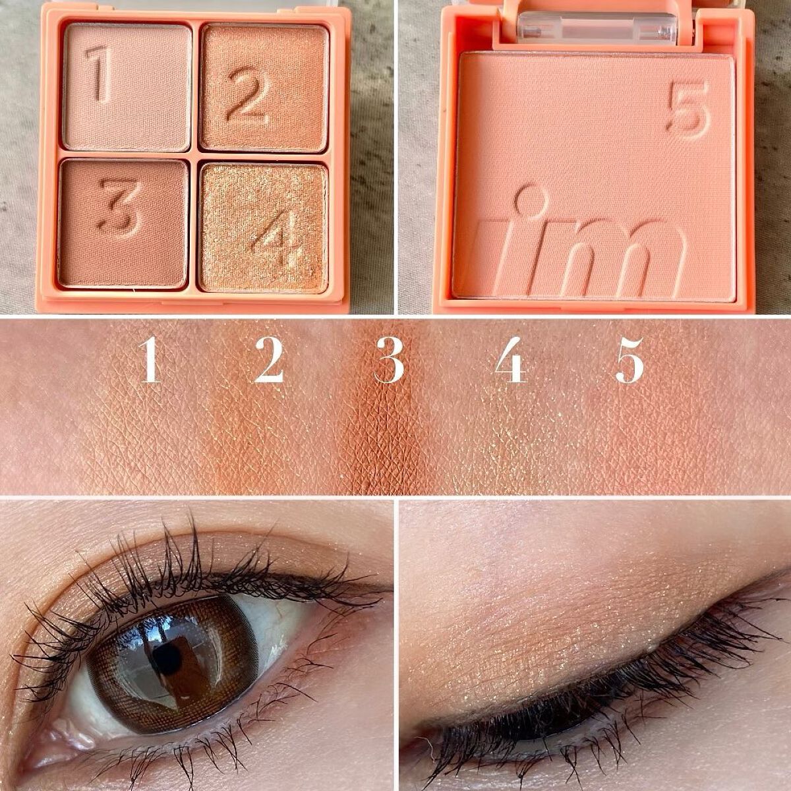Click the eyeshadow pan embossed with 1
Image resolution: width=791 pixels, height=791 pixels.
click(128, 88)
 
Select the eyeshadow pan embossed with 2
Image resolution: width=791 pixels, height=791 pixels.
click(265, 88)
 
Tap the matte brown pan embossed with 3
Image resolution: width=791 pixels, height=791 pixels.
click(123, 223)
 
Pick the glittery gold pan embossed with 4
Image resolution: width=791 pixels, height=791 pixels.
click(263, 228)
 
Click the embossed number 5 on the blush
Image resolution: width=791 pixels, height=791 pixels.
click(688, 107)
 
